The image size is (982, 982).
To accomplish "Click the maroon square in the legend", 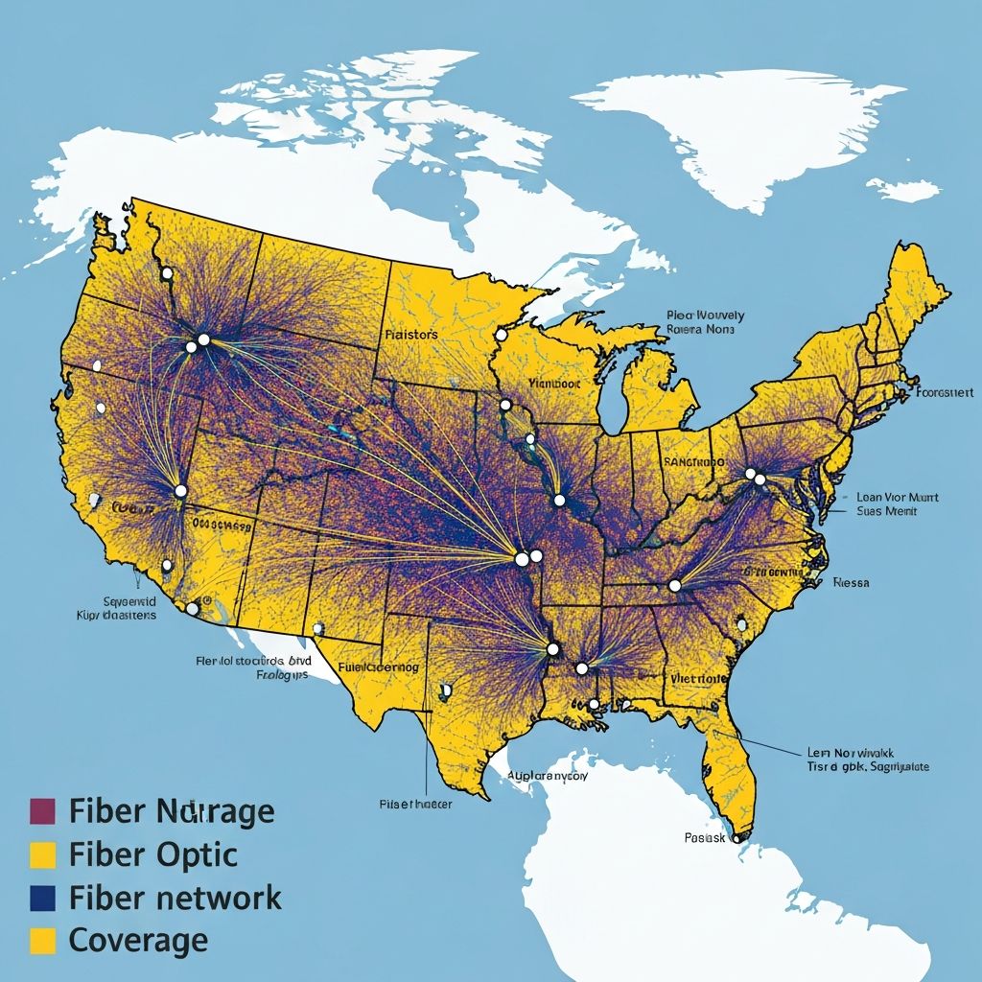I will [x=42, y=811].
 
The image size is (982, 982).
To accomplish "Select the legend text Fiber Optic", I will [x=153, y=854].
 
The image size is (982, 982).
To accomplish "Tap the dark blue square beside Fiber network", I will [x=42, y=898].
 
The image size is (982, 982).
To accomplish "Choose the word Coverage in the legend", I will [x=138, y=940].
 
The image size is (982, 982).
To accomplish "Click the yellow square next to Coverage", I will [x=42, y=940].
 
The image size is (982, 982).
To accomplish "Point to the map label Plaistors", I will [x=410, y=335].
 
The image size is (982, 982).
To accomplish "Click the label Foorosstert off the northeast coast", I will [x=945, y=392].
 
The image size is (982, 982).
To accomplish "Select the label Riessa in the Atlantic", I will [x=851, y=582].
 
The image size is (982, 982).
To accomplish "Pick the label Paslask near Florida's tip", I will [x=706, y=837].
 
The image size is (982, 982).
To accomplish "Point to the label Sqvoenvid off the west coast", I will [x=115, y=600].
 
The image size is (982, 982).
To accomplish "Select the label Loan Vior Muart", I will [x=897, y=498].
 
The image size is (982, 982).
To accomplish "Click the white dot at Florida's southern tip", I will [x=736, y=837].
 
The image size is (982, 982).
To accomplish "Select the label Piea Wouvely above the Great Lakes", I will [x=705, y=315].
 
